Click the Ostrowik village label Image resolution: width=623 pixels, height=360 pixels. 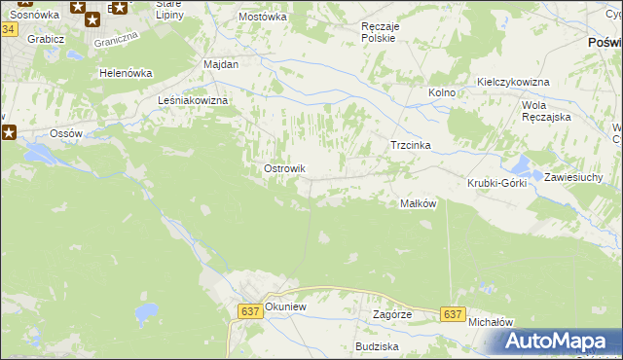click(285, 168)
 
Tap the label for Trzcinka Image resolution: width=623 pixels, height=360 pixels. click(410, 145)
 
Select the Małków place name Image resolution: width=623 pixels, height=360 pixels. click(418, 203)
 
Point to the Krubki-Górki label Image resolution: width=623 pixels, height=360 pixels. click(496, 183)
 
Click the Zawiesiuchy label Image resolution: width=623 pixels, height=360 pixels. click(575, 177)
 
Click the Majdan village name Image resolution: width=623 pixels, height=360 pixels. click(221, 63)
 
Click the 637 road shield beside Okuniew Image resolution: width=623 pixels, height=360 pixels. click(249, 310)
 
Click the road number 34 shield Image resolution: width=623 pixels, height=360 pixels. click(8, 29)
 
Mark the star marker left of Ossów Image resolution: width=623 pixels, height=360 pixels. click(7, 131)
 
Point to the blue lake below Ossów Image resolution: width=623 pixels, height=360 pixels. click(41, 154)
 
